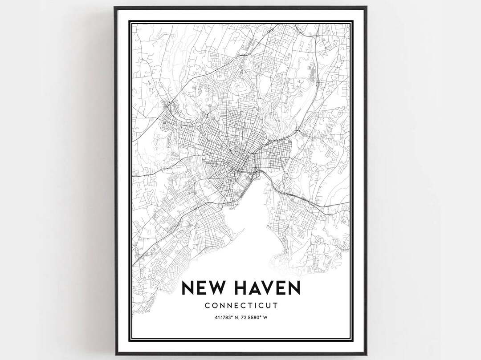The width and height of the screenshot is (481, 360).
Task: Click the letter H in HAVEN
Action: coord(242,288)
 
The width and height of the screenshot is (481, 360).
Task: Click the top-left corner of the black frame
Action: coord(115,7)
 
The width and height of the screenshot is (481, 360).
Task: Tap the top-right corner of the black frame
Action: coord(366,7)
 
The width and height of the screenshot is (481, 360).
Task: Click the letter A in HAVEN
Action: coord(256,288)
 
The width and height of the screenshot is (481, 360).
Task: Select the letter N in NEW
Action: coord(188,288)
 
